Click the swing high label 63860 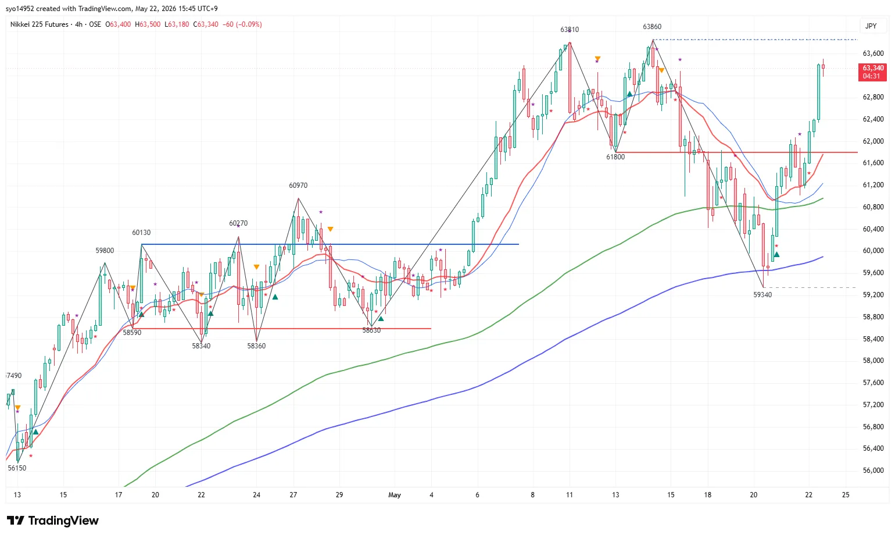(652, 27)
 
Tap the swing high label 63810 (570, 30)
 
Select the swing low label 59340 (762, 295)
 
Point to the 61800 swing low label (615, 157)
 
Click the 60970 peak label (298, 185)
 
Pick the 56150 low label (17, 468)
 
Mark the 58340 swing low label (201, 345)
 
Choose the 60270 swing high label (238, 223)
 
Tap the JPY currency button (871, 26)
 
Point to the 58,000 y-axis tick (873, 361)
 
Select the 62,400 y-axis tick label (873, 119)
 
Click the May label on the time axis (395, 495)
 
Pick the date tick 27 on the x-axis (293, 495)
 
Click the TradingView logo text (63, 521)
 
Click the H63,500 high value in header (148, 24)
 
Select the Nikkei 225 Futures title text (39, 24)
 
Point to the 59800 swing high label (105, 251)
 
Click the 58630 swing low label (371, 330)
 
